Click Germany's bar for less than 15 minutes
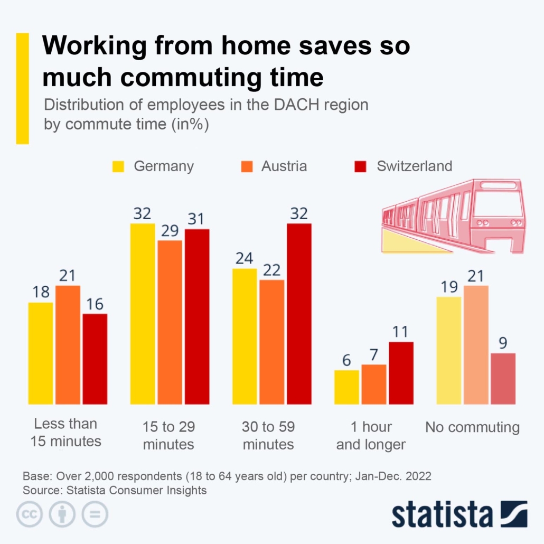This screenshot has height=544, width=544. (x=41, y=353)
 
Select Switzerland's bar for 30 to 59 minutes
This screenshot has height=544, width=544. (x=299, y=314)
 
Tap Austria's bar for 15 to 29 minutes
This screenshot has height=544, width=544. (x=170, y=322)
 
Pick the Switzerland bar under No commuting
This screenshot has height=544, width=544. (x=503, y=379)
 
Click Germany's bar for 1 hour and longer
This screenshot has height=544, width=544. (x=346, y=387)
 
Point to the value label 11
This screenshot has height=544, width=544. (x=401, y=332)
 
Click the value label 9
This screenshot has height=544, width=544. (x=503, y=343)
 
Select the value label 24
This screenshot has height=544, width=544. (x=245, y=258)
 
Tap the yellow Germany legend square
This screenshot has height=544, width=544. (x=118, y=166)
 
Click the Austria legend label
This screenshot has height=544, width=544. (x=284, y=166)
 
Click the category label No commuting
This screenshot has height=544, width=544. (x=473, y=427)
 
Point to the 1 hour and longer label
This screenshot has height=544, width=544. (x=371, y=436)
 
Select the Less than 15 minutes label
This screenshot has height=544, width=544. (x=65, y=432)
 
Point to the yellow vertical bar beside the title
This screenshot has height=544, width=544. (x=23, y=88)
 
